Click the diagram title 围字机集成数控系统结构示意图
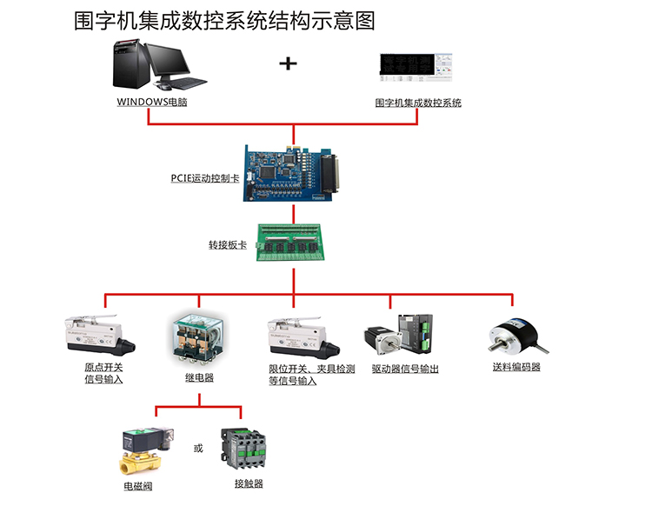point(225,21)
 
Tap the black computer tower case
point(130,62)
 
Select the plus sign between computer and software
point(288,63)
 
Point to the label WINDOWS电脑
point(152,102)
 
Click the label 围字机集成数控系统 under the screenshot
point(418,103)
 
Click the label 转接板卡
point(227,245)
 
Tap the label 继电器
point(199,377)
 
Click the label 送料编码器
point(516,367)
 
